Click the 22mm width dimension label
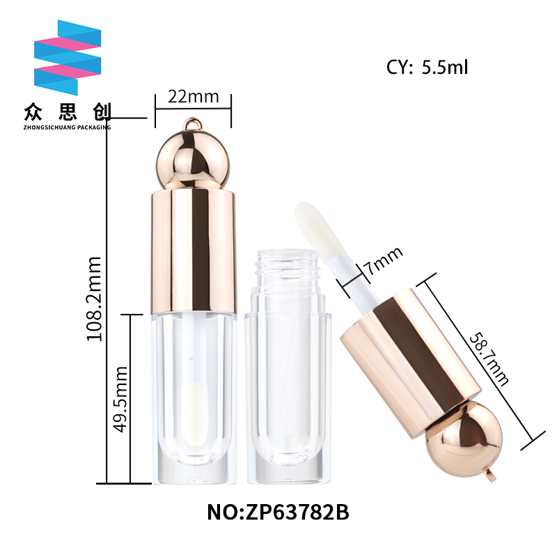click(x=194, y=97)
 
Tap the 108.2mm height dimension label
click(x=95, y=299)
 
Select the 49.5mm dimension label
click(x=120, y=399)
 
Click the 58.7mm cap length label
click(x=489, y=359)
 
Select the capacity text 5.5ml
click(x=445, y=67)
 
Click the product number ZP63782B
click(x=297, y=512)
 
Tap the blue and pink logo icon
click(x=68, y=58)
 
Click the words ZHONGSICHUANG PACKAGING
click(x=67, y=127)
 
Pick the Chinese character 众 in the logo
click(x=33, y=112)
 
